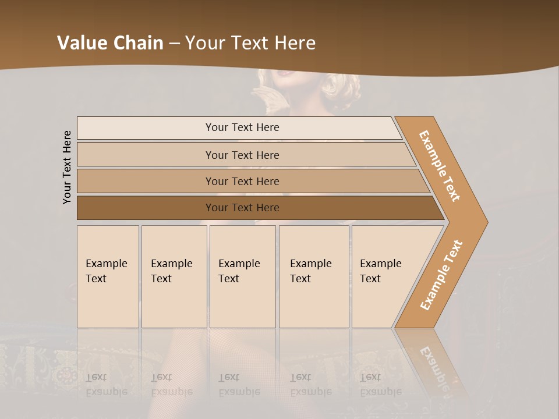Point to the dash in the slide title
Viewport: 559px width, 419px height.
click(174, 44)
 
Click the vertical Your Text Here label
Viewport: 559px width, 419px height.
click(67, 167)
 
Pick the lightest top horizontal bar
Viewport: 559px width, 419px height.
click(242, 127)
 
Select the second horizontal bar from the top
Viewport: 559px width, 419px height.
click(242, 155)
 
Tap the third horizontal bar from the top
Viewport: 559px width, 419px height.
click(242, 181)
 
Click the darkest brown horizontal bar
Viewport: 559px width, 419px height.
click(242, 208)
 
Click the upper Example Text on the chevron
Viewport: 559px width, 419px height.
click(440, 166)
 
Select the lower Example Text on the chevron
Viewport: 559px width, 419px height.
click(441, 275)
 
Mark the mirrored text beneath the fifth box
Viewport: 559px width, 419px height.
click(380, 385)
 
